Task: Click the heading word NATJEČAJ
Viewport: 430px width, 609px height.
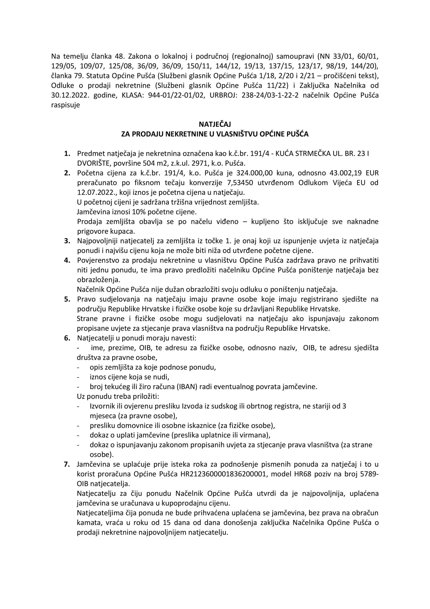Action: coord(215,124)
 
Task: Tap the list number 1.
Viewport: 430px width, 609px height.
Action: coord(67,153)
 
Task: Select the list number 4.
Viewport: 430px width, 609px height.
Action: coord(67,260)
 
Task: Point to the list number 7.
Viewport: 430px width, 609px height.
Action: coord(67,464)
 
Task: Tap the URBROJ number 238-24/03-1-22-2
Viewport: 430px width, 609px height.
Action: coord(270,95)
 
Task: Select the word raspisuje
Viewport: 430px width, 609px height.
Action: coord(65,105)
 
